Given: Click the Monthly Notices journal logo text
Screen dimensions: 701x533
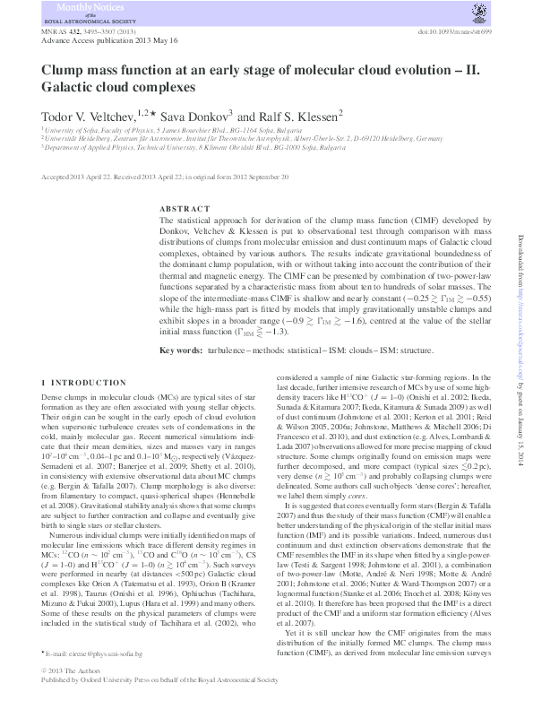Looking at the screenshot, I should point(80,13).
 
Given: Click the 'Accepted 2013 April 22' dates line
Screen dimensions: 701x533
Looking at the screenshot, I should point(166,177).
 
